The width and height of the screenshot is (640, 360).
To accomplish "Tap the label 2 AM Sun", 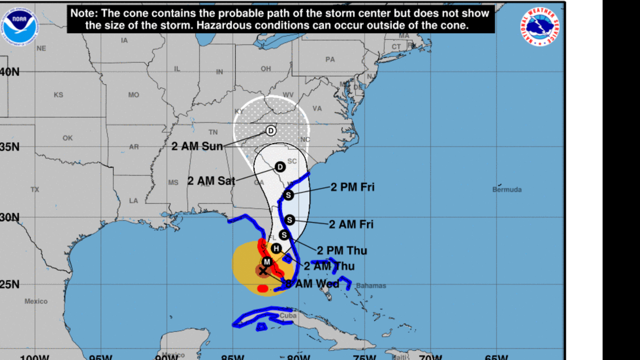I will pyautogui.click(x=197, y=147).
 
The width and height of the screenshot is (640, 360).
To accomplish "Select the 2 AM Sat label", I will pyautogui.click(x=211, y=181).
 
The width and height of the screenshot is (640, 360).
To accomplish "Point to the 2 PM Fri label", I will pyautogui.click(x=352, y=188).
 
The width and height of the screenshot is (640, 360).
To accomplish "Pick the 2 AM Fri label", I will pyautogui.click(x=351, y=225).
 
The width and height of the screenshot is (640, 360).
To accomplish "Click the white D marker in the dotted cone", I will pyautogui.click(x=271, y=131).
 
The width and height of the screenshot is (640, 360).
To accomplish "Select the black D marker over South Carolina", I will pyautogui.click(x=280, y=166).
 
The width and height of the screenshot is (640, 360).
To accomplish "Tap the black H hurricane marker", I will pyautogui.click(x=276, y=248).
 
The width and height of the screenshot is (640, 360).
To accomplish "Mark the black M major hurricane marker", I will pyautogui.click(x=267, y=262).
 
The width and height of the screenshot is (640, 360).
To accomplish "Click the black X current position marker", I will pyautogui.click(x=263, y=271).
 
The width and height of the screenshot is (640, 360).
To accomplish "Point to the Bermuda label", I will pyautogui.click(x=506, y=190).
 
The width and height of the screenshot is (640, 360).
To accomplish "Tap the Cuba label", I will pyautogui.click(x=287, y=316).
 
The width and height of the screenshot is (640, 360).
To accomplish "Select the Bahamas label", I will pyautogui.click(x=371, y=286).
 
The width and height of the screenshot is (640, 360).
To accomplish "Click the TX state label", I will pyautogui.click(x=35, y=190).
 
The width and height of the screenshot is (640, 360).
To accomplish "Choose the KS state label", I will pyautogui.click(x=58, y=95).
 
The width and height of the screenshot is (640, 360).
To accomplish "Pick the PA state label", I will pyautogui.click(x=330, y=60).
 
